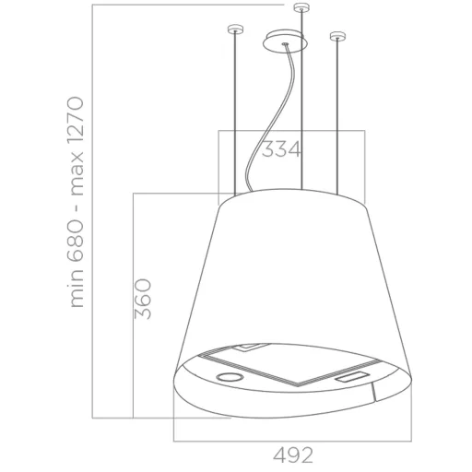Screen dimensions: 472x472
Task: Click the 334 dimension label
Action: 280,149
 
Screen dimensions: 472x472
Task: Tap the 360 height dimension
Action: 143,299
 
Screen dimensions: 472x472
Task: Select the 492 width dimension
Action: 293,455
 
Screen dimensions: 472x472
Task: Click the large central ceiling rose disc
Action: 284,41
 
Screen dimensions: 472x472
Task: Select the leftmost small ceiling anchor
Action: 235,29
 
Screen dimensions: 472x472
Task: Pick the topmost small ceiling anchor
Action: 301,7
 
